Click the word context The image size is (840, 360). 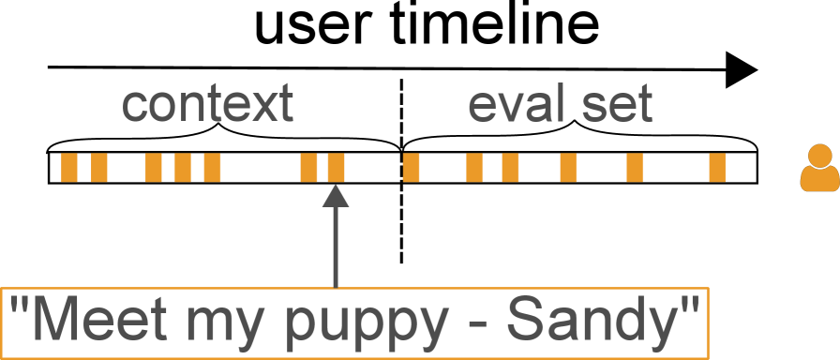click(x=207, y=105)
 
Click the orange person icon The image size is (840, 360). click(x=819, y=168)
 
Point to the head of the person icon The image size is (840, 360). click(x=819, y=156)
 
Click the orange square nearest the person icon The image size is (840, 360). click(x=717, y=167)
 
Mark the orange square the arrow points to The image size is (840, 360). click(x=336, y=167)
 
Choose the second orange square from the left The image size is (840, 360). click(x=98, y=167)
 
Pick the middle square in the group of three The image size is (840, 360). click(x=183, y=167)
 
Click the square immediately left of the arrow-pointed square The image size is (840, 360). click(x=307, y=167)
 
